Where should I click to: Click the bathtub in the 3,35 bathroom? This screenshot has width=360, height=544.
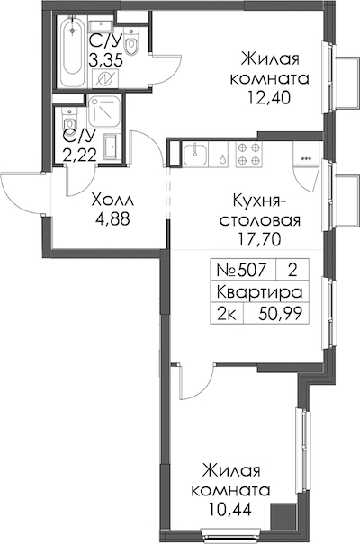(72, 50)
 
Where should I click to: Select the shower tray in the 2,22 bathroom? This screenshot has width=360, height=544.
(104, 111)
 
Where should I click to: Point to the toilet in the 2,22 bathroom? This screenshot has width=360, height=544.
(69, 120)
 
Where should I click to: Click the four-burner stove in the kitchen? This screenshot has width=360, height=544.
(249, 154)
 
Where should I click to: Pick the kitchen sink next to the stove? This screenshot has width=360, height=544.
(195, 155)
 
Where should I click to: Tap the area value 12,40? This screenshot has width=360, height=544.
(269, 98)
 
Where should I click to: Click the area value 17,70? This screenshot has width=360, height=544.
(259, 238)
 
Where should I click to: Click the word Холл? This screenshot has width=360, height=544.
(112, 201)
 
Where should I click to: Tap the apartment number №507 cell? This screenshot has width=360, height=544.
(241, 269)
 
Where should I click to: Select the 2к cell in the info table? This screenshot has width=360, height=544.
(227, 315)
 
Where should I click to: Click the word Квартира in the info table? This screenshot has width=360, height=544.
(260, 291)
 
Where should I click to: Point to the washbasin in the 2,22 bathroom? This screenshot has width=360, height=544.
(112, 147)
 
